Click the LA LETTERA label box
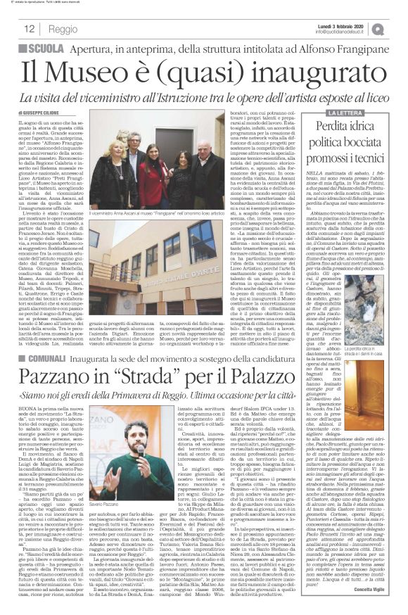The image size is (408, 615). (x=329, y=113)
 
